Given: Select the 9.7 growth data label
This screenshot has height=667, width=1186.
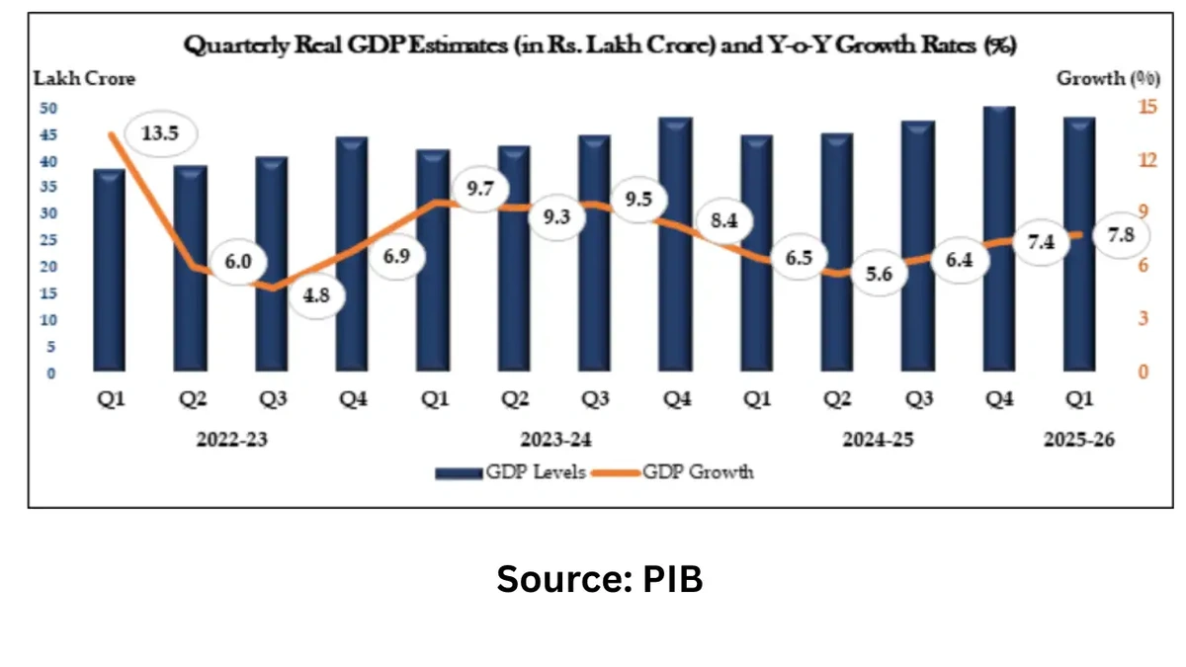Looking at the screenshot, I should pos(480,188).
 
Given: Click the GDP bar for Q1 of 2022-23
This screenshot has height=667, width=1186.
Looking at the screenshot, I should pos(109,271).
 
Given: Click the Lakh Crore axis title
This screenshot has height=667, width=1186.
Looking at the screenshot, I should pos(85,78).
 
